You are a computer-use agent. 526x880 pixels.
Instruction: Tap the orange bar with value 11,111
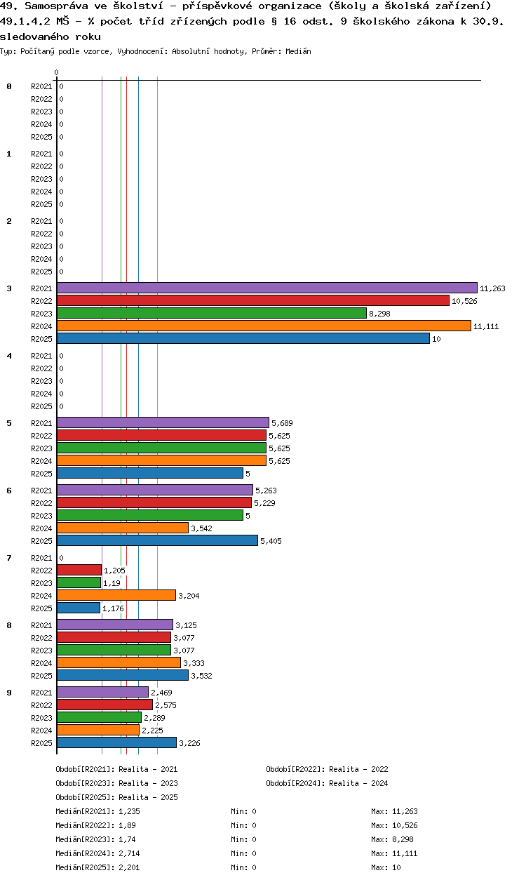pyautogui.click(x=264, y=326)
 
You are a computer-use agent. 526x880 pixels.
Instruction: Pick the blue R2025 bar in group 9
pyautogui.click(x=116, y=742)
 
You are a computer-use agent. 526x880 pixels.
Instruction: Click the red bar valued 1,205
pyautogui.click(x=79, y=570)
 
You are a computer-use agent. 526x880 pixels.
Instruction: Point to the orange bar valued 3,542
pyautogui.click(x=123, y=528)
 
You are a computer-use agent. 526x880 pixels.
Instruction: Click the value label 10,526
pyautogui.click(x=465, y=301)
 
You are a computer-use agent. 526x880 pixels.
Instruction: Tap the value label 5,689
pyautogui.click(x=282, y=423)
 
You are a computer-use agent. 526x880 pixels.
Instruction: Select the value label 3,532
pyautogui.click(x=201, y=676)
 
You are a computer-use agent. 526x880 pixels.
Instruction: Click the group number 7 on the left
pyautogui.click(x=9, y=558)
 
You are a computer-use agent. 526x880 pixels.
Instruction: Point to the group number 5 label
pyautogui.click(x=9, y=423)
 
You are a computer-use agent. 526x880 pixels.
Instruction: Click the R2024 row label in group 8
pyautogui.click(x=41, y=663)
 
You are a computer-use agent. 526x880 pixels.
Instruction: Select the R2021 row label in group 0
pyautogui.click(x=41, y=86)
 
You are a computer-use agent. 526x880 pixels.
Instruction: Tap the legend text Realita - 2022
pyautogui.click(x=358, y=769)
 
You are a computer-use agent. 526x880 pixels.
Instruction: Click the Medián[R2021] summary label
pyautogui.click(x=86, y=811)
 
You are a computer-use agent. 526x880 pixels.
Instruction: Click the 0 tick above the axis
pyautogui.click(x=57, y=72)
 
